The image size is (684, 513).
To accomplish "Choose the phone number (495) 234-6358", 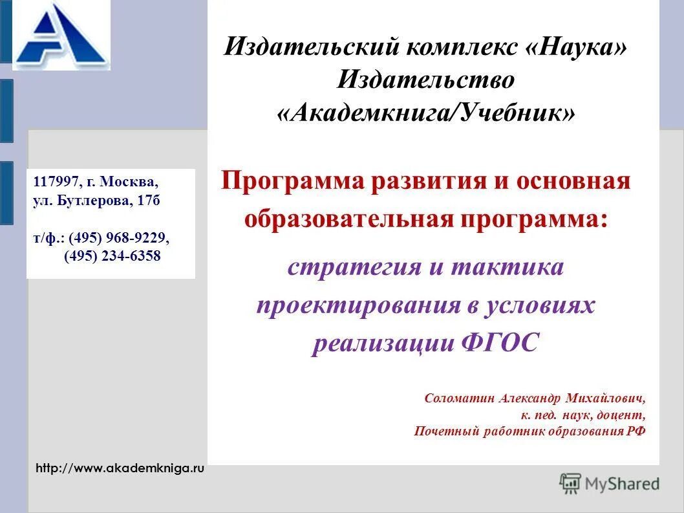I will [x=112, y=256].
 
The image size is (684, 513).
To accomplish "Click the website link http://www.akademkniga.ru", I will [x=120, y=468].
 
